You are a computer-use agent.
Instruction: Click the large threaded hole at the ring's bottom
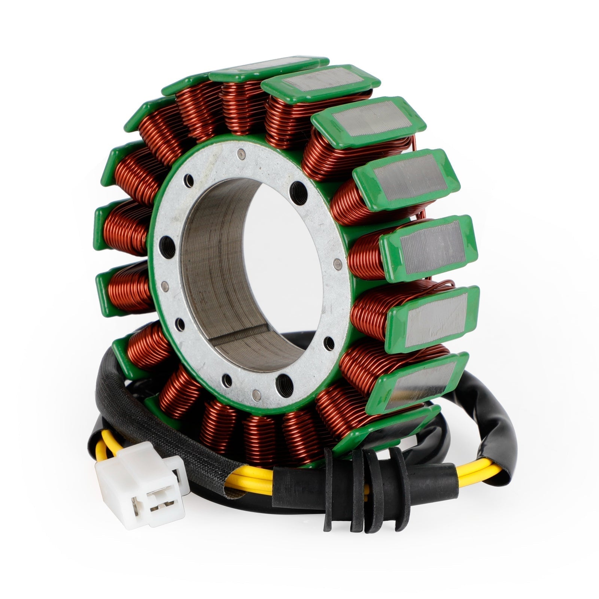pyautogui.click(x=283, y=381)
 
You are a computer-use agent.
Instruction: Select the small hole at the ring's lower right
pyautogui.click(x=329, y=340)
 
